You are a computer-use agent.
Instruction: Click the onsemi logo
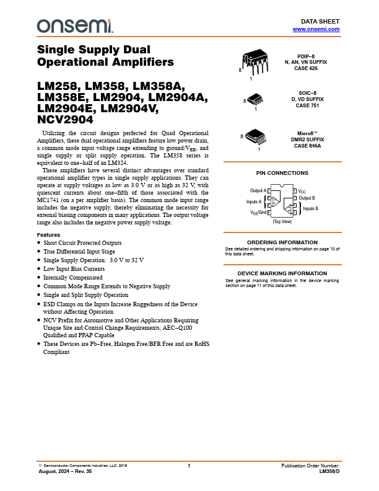[x=75, y=26]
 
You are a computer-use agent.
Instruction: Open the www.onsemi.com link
[x=316, y=29]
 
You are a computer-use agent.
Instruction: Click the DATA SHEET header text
[x=325, y=21]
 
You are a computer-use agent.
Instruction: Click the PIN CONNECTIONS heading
[x=282, y=174]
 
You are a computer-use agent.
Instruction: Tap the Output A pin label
[x=258, y=190]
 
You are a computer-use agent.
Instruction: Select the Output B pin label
[x=307, y=198]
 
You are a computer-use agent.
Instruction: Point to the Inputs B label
[x=310, y=209]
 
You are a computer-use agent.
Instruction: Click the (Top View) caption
[x=282, y=221]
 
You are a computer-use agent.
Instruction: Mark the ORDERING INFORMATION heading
[x=282, y=242]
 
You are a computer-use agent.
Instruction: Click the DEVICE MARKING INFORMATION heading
[x=282, y=273]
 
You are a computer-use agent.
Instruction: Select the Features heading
[x=49, y=235]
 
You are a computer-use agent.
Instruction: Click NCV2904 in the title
[x=66, y=120]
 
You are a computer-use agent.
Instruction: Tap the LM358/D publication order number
[x=329, y=472]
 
